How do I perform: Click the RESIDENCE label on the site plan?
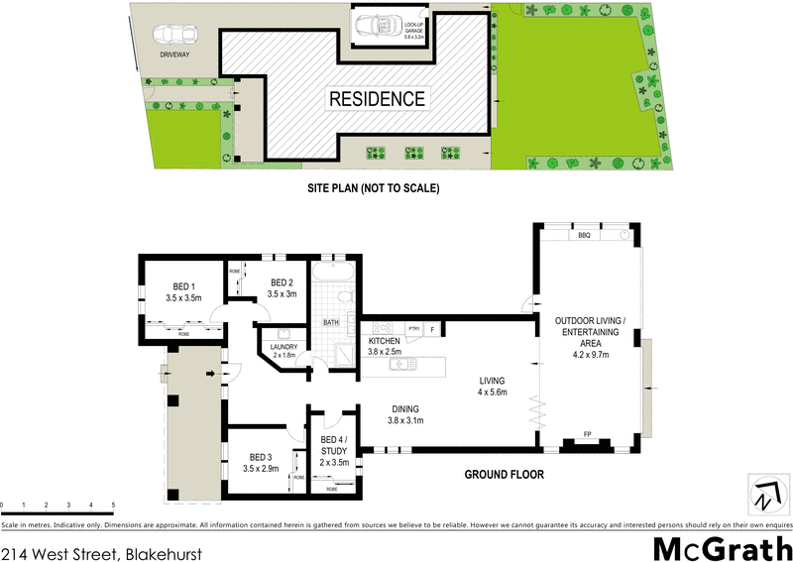coord(377,99)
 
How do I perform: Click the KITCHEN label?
coord(384,339)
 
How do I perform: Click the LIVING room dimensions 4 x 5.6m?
coord(493,393)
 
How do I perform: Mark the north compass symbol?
coord(763,493)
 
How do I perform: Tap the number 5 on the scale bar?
coord(114,506)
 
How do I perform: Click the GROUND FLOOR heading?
coord(505,475)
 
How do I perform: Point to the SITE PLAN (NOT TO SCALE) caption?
coord(373,187)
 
